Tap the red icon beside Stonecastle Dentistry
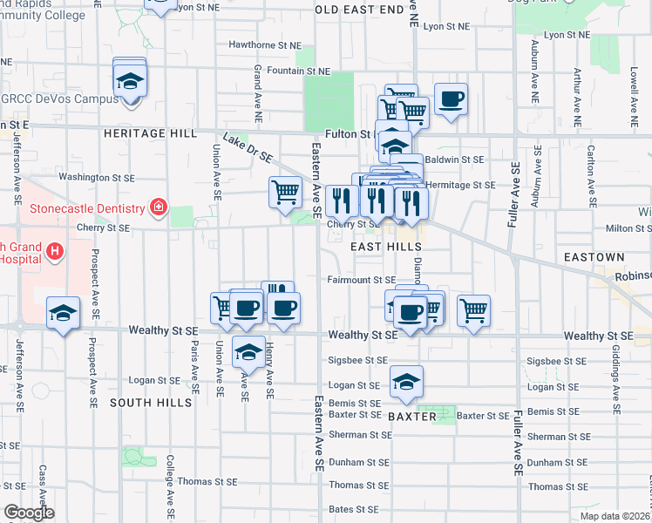[158, 207]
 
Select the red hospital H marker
[56, 252]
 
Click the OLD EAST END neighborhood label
[359, 9]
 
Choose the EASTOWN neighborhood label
[594, 258]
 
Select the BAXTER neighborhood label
[411, 418]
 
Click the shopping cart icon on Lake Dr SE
[286, 192]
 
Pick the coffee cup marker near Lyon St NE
[451, 99]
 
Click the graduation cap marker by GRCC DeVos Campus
[130, 81]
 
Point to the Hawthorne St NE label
[264, 44]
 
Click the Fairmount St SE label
[362, 280]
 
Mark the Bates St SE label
[354, 509]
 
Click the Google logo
[29, 513]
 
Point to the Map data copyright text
[615, 516]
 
